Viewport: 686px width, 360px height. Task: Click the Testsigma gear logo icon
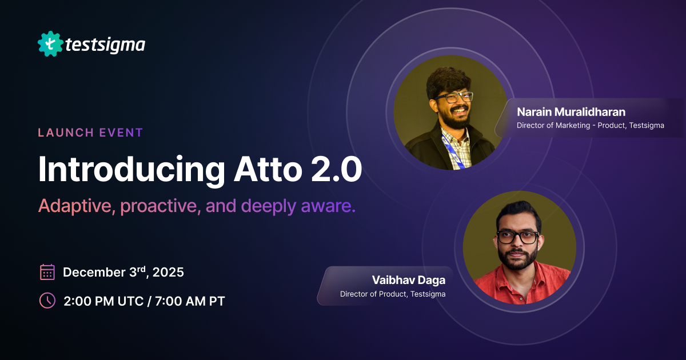[x=50, y=43]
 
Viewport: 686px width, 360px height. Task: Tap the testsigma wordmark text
[x=105, y=44]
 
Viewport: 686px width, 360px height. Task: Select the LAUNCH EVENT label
[x=90, y=133]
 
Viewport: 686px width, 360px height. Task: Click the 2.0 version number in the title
[x=337, y=169]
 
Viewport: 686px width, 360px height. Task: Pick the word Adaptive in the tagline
[x=76, y=206]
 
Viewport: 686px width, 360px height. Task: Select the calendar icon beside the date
[x=47, y=272]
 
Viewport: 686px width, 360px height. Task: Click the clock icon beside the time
[x=47, y=301]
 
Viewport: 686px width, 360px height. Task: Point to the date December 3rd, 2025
[x=123, y=272]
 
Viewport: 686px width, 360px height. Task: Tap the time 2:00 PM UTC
[x=103, y=301]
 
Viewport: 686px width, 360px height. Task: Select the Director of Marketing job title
[x=590, y=126]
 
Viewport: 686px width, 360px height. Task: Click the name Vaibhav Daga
[x=408, y=280]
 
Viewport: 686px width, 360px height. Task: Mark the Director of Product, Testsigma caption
[x=392, y=294]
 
